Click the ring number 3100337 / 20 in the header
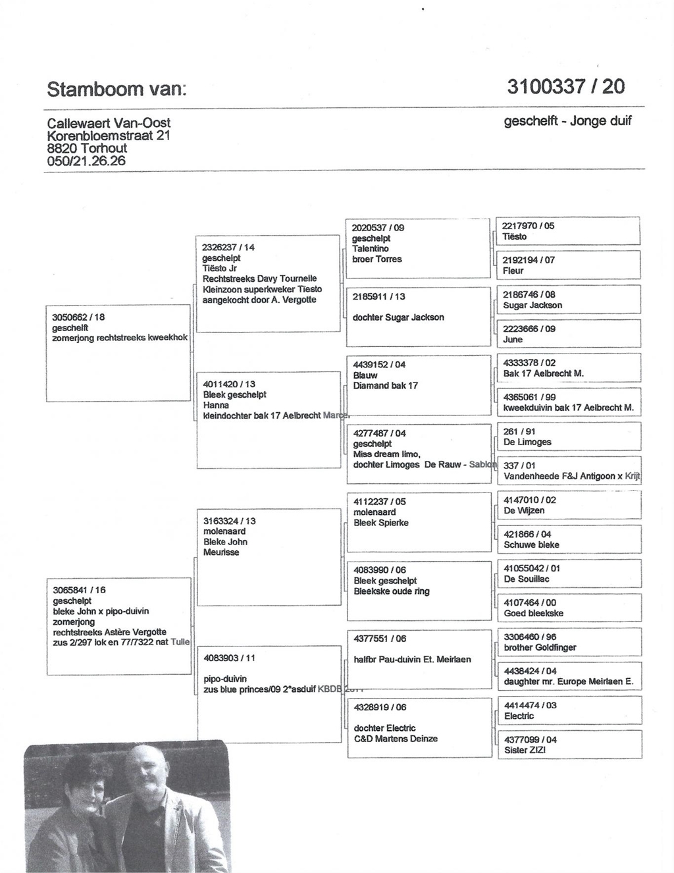click(x=565, y=86)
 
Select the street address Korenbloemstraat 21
click(x=109, y=135)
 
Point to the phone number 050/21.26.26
click(x=86, y=161)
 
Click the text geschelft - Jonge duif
click(x=567, y=121)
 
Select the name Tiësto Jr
click(x=220, y=269)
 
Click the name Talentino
click(x=371, y=249)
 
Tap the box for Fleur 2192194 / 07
click(x=567, y=265)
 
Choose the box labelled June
click(x=567, y=334)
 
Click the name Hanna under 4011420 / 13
click(x=216, y=406)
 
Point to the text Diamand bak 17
click(x=385, y=386)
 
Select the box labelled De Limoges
click(x=567, y=436)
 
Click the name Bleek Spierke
click(x=381, y=523)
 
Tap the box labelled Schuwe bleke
click(x=567, y=539)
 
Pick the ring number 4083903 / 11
click(x=230, y=658)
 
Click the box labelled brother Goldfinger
click(x=567, y=642)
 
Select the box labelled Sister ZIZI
click(x=567, y=745)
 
